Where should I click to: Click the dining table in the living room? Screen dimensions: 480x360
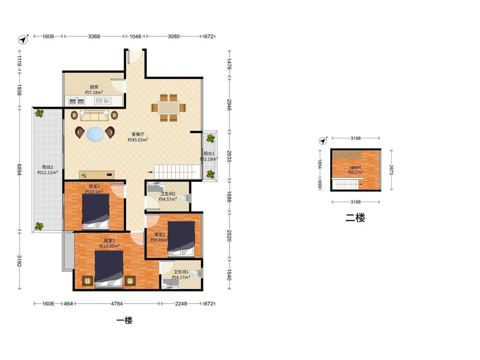(x=169, y=108)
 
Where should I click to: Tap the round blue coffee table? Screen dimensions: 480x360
(x=95, y=134)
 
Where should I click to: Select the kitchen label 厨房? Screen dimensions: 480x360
(x=94, y=87)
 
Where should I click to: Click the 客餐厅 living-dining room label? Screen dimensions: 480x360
(x=138, y=134)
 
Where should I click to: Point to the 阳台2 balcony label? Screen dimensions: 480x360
(x=47, y=167)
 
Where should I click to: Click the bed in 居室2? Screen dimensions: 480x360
(x=96, y=211)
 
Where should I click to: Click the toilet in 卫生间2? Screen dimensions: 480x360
(x=183, y=199)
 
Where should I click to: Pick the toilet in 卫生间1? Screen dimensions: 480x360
(x=196, y=274)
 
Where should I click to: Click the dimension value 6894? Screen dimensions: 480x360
(x=19, y=169)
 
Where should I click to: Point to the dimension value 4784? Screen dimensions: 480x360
(x=116, y=304)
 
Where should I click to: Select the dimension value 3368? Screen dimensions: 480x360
(x=94, y=36)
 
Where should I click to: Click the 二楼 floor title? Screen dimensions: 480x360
(x=355, y=218)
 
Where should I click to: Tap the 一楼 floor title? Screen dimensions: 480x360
(x=124, y=320)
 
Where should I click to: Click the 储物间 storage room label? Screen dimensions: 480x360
(x=355, y=168)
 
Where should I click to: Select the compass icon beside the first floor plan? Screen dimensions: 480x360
(x=23, y=39)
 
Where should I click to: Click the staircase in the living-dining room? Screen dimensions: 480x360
(x=177, y=171)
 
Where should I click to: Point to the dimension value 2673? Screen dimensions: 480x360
(x=391, y=170)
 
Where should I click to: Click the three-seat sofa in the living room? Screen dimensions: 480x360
(x=94, y=116)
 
